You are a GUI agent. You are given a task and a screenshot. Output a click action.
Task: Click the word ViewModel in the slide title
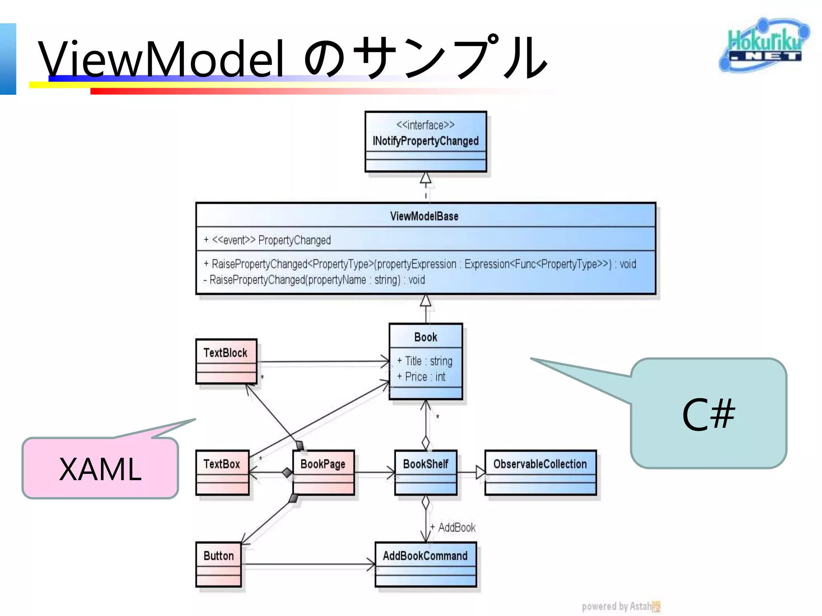click(161, 59)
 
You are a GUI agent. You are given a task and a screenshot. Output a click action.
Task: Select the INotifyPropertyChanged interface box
click(425, 141)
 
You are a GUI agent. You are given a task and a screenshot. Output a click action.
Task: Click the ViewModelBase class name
click(424, 216)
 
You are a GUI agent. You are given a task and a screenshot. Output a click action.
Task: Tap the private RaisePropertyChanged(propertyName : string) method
click(314, 280)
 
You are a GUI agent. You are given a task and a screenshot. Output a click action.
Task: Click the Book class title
click(425, 337)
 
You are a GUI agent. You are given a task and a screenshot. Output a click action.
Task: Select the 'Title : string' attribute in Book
click(425, 361)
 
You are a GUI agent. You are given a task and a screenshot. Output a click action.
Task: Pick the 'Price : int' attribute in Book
click(422, 377)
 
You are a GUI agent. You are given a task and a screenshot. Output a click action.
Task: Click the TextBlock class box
click(226, 361)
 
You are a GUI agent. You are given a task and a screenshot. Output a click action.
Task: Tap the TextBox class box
click(222, 472)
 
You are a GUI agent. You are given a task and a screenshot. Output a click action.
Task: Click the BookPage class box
click(323, 472)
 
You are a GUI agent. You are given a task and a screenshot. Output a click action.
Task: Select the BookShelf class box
click(425, 472)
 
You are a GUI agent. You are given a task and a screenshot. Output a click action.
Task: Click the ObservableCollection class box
click(540, 472)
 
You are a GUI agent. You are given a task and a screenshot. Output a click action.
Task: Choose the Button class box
click(219, 563)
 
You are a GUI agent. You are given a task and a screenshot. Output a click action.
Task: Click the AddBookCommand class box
click(425, 563)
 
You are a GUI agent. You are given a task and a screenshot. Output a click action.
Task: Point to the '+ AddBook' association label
click(453, 527)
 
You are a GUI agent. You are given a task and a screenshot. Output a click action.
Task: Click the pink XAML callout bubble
click(100, 468)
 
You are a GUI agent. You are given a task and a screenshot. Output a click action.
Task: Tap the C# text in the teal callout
click(708, 415)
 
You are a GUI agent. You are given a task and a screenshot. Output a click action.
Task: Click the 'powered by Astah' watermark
click(620, 606)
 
